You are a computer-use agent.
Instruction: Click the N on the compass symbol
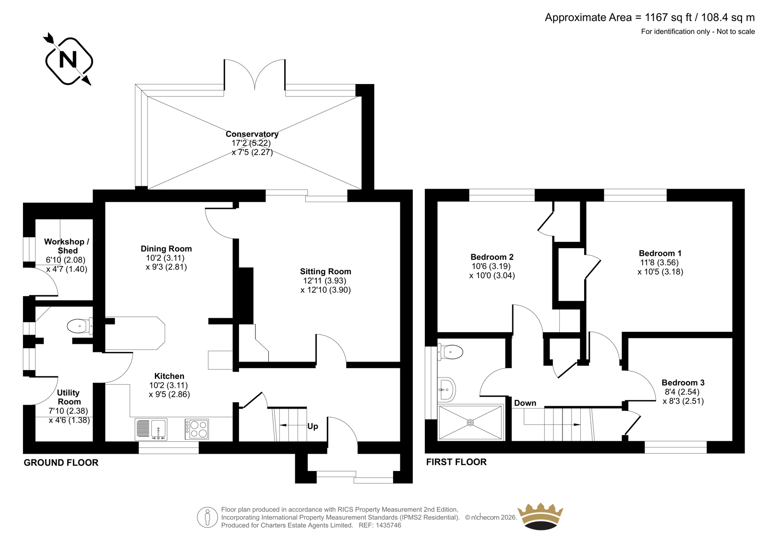(68, 60)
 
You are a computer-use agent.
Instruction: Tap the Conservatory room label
(252, 134)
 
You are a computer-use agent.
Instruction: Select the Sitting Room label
(325, 271)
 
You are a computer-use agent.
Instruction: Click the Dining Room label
(166, 249)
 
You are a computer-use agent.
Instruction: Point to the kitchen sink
(151, 429)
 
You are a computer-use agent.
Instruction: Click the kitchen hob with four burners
(197, 429)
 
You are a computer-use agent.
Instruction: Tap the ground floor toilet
(80, 326)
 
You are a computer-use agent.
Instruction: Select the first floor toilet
(450, 352)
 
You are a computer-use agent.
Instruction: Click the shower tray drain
(470, 422)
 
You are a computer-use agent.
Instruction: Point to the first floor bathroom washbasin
(446, 390)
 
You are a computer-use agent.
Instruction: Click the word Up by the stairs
(312, 426)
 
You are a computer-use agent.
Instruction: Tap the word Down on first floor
(525, 403)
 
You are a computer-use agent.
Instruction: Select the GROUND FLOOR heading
(61, 463)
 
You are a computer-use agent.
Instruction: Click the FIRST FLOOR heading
(456, 462)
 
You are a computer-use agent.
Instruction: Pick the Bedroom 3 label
(683, 383)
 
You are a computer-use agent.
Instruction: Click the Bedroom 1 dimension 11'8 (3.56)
(660, 263)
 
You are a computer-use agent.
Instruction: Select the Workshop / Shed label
(67, 246)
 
